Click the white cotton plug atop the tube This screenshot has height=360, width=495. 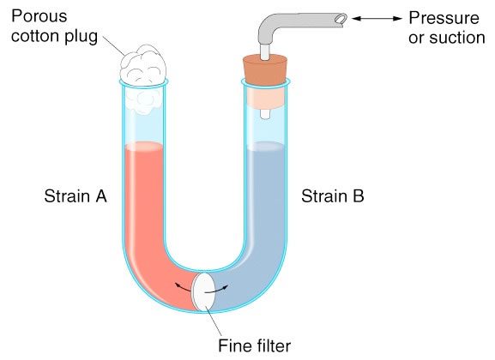coord(143,66)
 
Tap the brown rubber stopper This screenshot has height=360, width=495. coord(264,70)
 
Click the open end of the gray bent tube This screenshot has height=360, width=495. coord(341,19)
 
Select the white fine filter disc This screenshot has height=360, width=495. coord(203,292)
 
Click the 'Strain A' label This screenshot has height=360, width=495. coord(75,196)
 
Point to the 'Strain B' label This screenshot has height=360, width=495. coord(332,196)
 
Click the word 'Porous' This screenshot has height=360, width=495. coord(39,15)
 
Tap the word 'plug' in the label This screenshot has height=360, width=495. coord(81,37)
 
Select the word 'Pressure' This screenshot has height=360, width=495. coord(444,18)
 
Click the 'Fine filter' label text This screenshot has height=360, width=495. coord(255,345)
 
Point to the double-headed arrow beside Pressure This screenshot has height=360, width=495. coord(377,19)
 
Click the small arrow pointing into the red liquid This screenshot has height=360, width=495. coord(183,286)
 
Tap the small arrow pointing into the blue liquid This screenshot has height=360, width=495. coord(216,290)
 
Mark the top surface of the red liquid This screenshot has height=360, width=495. coord(144,147)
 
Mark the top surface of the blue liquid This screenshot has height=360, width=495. coord(265,147)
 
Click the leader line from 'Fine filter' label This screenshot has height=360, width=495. coord(214,321)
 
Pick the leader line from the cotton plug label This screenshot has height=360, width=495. coord(114,46)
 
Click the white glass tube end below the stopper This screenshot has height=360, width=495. coord(265,114)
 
